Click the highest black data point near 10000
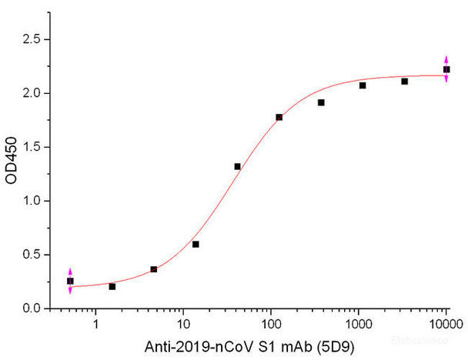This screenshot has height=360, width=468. coord(446,70)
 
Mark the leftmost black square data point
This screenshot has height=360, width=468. coord(70,281)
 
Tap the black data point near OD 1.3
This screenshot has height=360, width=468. coord(237,166)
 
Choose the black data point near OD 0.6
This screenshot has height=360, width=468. coord(196,244)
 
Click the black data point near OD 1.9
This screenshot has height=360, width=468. coord(321,102)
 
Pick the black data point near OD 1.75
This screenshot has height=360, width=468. coord(279,117)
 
